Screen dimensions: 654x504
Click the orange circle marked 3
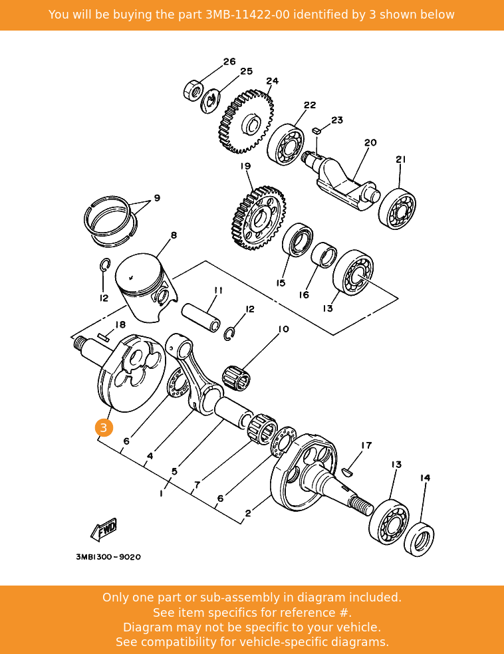click(104, 428)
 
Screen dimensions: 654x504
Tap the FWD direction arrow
click(104, 530)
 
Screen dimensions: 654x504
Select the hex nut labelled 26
click(192, 90)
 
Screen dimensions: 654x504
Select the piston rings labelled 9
click(110, 217)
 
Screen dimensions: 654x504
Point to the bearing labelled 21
click(398, 208)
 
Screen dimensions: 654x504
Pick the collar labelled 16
click(324, 255)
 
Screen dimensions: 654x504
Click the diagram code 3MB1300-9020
click(108, 557)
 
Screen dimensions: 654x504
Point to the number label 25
click(246, 71)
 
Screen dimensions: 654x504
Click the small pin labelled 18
click(103, 338)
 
